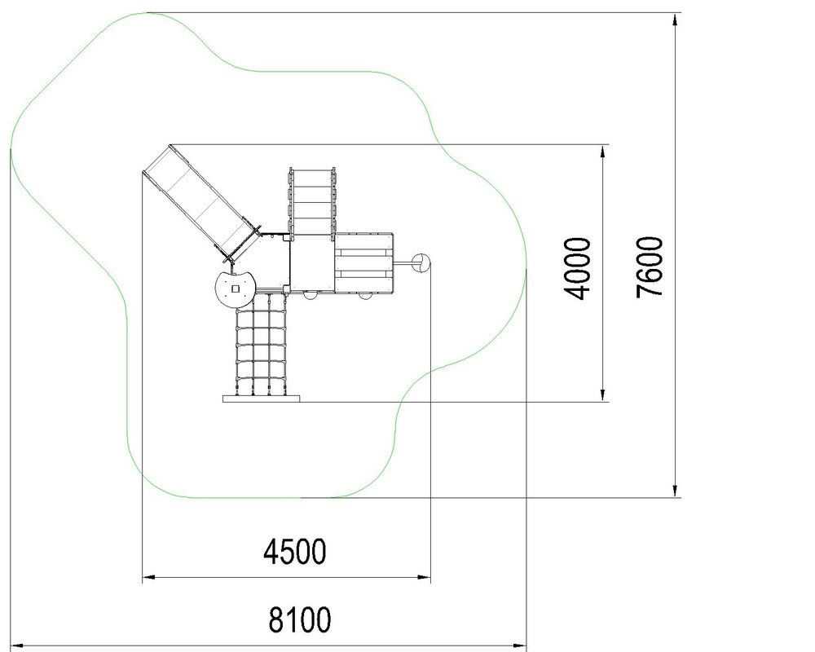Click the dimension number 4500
pos(295,552)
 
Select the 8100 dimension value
pos(299,619)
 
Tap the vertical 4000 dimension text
pos(578,268)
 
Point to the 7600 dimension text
pos(650,267)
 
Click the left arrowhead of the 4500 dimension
pos(148,577)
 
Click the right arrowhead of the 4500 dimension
pos(424,577)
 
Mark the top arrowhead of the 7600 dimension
pos(675,20)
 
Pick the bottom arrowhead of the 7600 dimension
pos(675,491)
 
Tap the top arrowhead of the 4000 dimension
pos(602,152)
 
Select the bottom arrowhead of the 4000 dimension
pos(602,395)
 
